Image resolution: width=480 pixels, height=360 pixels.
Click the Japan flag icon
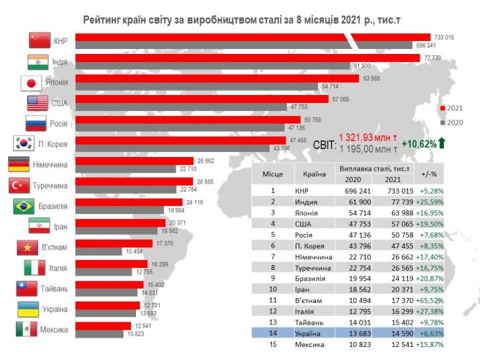point(31,83)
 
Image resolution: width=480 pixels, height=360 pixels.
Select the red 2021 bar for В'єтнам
point(114,244)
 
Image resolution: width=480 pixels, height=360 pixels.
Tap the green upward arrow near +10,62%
point(442,144)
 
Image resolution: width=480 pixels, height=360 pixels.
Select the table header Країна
point(312,174)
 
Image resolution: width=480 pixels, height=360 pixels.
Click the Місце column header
point(273,174)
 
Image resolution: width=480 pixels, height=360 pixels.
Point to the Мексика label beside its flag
point(53,330)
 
